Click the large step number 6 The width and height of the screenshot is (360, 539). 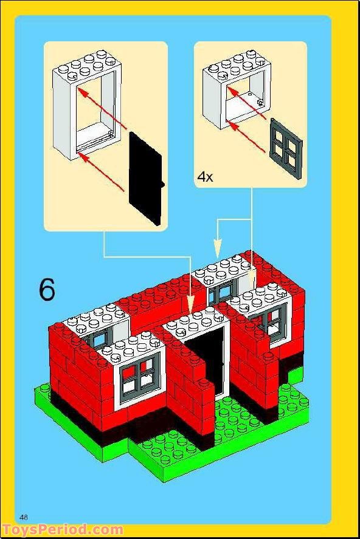point(47,290)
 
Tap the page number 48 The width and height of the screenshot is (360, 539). point(24,517)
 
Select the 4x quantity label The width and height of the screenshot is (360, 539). point(205,177)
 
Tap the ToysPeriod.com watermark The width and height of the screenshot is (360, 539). point(62,530)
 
